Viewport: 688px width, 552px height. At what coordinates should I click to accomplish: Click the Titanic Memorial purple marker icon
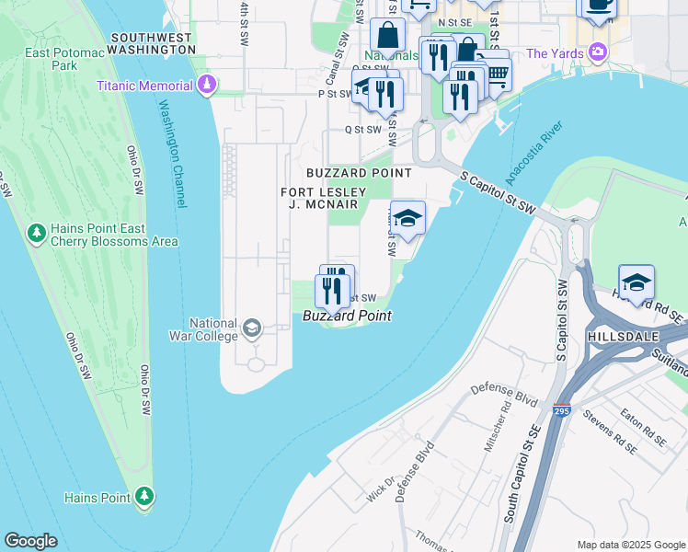[207, 86]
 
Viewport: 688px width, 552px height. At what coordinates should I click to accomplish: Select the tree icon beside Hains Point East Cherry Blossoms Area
[37, 234]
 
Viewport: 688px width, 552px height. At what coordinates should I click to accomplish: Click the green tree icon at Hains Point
[143, 498]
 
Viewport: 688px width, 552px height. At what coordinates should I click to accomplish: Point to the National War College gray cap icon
[251, 328]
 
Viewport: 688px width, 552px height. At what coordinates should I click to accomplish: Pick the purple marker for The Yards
[600, 52]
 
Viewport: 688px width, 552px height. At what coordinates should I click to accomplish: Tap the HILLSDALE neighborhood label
[624, 338]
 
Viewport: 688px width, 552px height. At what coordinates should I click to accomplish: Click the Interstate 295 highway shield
[560, 408]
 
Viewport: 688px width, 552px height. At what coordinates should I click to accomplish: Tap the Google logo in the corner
[30, 541]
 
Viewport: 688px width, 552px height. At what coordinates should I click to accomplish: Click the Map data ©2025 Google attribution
[631, 545]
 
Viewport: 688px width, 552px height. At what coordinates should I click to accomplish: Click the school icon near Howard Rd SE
[636, 282]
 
